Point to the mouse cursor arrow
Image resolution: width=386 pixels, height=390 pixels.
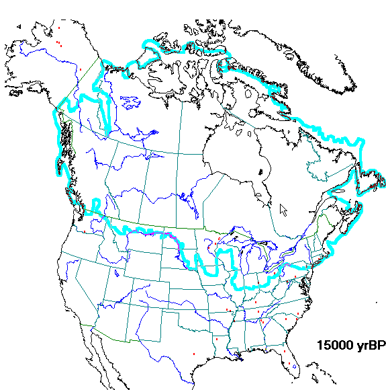coord(283,208)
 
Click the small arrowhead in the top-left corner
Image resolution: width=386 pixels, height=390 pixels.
coord(19,26)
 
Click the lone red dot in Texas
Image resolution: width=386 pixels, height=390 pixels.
coord(193,354)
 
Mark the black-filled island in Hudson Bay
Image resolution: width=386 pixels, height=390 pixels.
coord(259,173)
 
